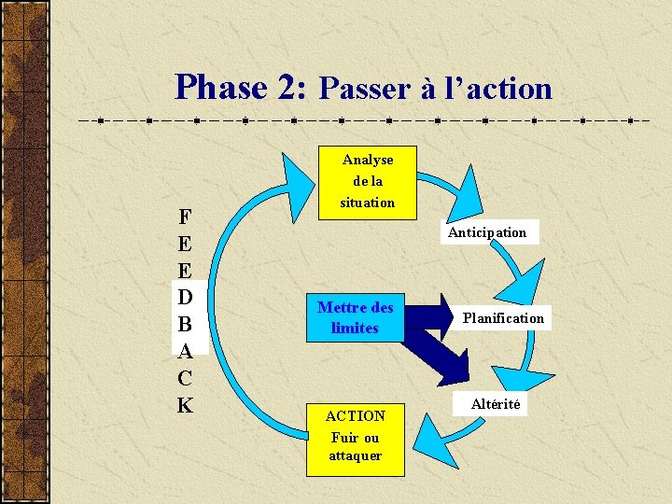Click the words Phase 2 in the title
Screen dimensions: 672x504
point(240,88)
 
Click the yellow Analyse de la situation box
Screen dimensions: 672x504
point(367,181)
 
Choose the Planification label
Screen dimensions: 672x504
point(503,318)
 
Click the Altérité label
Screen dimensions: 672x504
point(496,404)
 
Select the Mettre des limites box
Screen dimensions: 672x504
point(355,317)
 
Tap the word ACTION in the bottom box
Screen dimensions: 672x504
point(355,416)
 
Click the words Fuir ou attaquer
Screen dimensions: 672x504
point(355,446)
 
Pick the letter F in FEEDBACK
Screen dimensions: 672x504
point(185,217)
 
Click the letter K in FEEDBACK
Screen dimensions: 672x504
point(185,405)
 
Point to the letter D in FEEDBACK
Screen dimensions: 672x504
point(185,298)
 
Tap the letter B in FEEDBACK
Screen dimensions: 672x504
point(185,325)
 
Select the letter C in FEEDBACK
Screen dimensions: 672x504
point(185,378)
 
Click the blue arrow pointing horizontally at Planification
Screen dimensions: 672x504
point(429,315)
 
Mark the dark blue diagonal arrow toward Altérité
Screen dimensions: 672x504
point(439,355)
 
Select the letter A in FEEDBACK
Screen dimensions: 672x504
point(185,352)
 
